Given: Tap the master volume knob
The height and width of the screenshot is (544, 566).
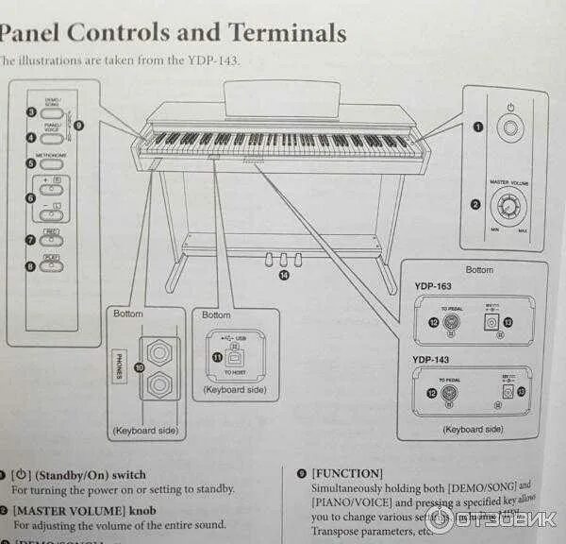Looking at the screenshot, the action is point(510,205).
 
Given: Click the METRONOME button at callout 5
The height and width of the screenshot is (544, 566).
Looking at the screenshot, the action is point(51,161).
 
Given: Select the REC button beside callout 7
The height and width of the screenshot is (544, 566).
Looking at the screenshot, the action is point(50,239).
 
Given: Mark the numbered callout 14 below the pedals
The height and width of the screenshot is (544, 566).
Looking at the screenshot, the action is point(284,274).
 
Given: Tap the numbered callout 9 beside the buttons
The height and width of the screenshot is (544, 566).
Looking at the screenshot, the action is point(78,125).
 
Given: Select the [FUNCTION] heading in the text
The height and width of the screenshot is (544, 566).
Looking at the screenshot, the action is point(346,473).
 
